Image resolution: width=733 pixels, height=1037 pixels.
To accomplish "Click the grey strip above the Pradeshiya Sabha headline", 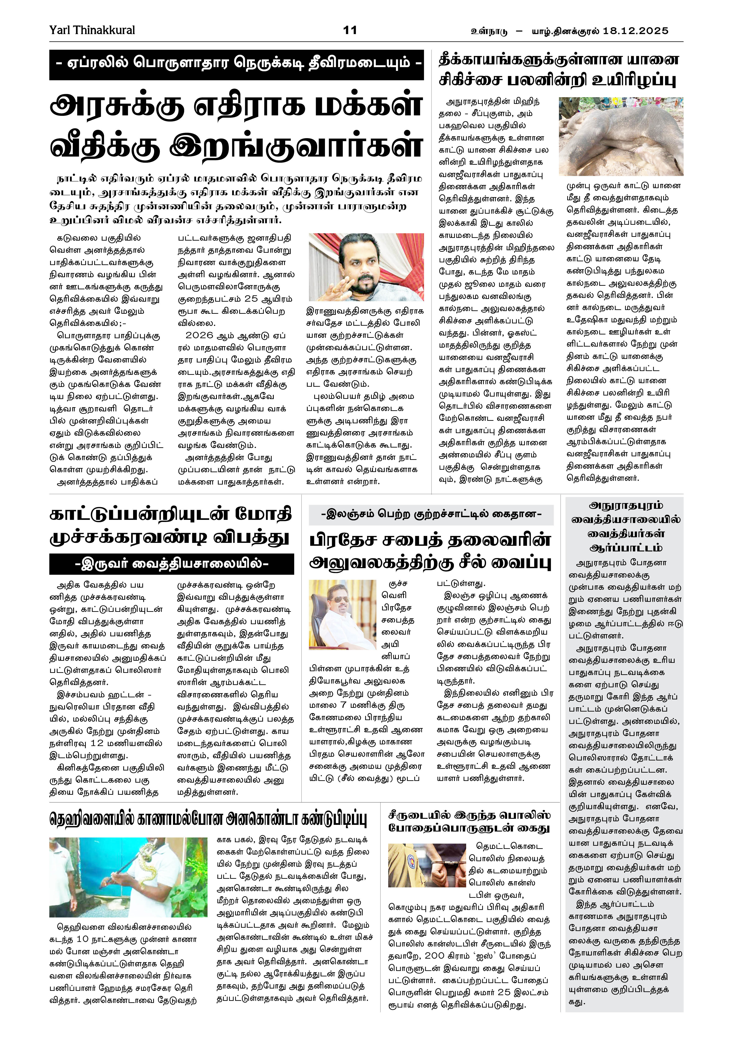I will pos(430,514).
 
